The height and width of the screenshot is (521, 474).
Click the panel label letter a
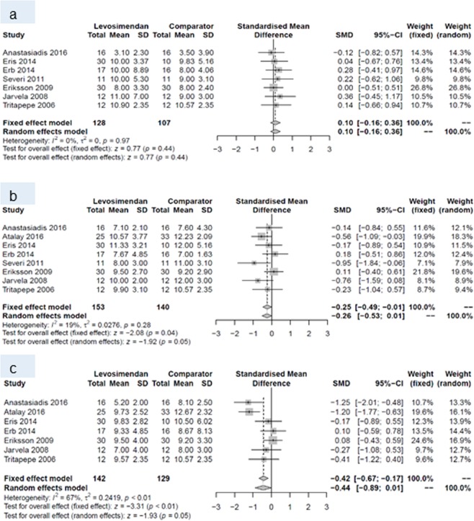tap(12, 11)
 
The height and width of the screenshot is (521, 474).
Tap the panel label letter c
tap(12, 349)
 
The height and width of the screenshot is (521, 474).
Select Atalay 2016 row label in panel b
tap(24, 237)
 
